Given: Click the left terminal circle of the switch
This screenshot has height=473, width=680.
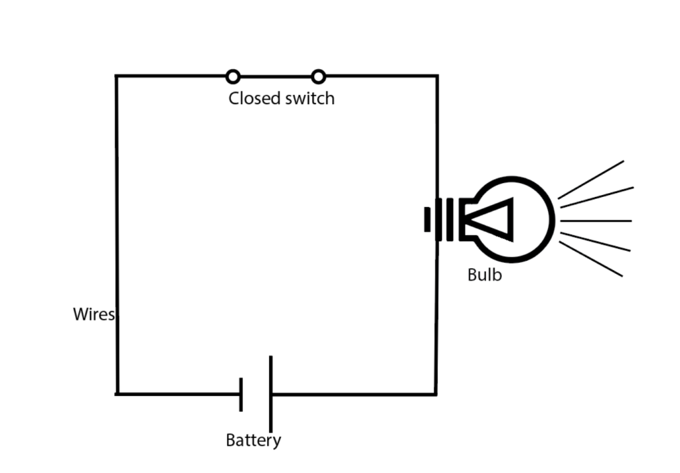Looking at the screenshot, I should pyautogui.click(x=232, y=76).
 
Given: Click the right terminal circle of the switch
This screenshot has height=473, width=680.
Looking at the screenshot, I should pyautogui.click(x=319, y=76).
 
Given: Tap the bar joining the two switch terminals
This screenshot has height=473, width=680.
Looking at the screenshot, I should pyautogui.click(x=276, y=76).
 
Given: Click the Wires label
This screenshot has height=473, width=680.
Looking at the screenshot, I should pyautogui.click(x=93, y=314).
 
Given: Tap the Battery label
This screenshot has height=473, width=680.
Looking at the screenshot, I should pyautogui.click(x=253, y=440).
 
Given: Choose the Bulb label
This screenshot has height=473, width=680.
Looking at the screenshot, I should pyautogui.click(x=485, y=275).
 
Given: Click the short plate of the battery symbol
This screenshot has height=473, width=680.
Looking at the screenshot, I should pyautogui.click(x=241, y=395).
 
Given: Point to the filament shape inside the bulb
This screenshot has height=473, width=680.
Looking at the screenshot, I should pyautogui.click(x=491, y=220).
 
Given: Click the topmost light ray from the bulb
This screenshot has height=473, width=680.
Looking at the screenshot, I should pyautogui.click(x=591, y=179).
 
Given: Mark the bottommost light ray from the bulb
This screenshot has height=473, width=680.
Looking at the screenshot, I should pyautogui.click(x=591, y=259).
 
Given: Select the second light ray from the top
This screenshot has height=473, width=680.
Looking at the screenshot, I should pyautogui.click(x=596, y=197).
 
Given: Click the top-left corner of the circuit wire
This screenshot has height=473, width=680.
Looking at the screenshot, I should pyautogui.click(x=117, y=76).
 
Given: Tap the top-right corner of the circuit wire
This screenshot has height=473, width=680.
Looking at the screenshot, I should pyautogui.click(x=436, y=76).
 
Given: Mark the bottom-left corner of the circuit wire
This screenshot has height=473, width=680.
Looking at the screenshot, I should pyautogui.click(x=118, y=393).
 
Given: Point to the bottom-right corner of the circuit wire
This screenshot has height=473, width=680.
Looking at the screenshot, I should pyautogui.click(x=436, y=393).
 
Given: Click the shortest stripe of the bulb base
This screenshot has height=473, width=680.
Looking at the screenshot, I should pyautogui.click(x=428, y=220).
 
